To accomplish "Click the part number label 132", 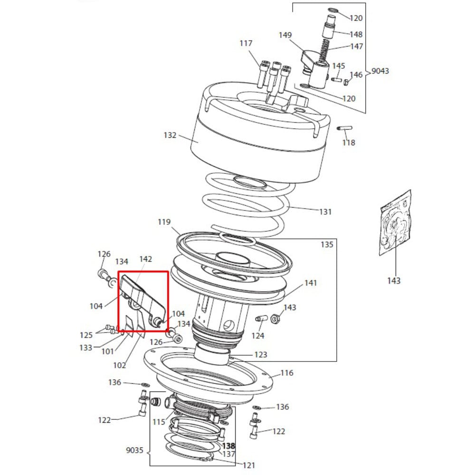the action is coord(170,135).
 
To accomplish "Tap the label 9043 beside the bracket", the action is coord(380,71).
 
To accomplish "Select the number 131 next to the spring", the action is coord(325,212).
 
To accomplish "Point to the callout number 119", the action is coord(164,222).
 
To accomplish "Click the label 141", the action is coord(311,283).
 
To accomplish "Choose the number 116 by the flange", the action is coord(287,373).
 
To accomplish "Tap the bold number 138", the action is coord(228,446).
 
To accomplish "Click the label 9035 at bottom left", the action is coord(134,450).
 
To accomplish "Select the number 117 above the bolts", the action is coord(246,43).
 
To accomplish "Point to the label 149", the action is coord(285,35).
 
